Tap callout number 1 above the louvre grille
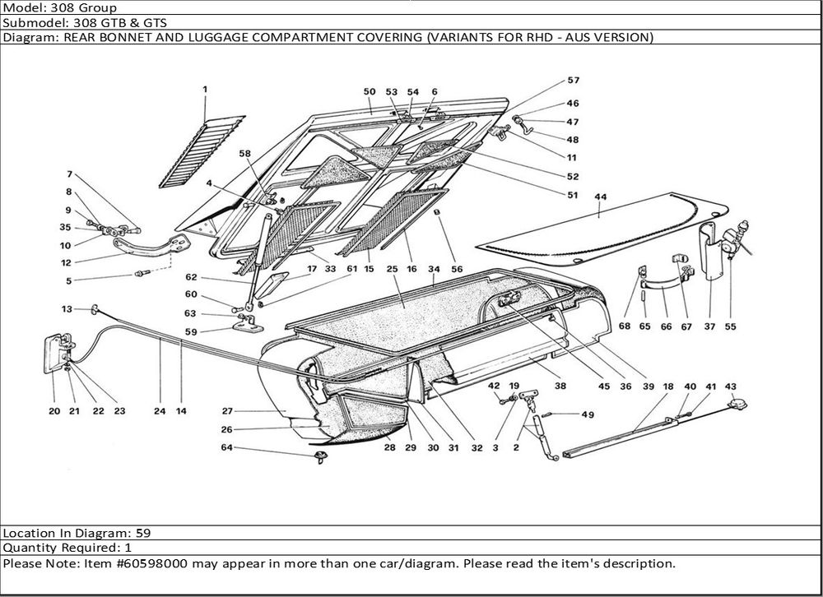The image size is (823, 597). point(205,89)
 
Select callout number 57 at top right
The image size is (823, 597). point(573,81)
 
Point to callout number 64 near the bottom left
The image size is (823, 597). point(226,448)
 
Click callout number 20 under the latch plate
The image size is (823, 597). point(54,411)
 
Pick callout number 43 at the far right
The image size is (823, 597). point(730,386)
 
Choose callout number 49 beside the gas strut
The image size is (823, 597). point(587,414)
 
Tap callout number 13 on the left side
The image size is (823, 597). point(67,309)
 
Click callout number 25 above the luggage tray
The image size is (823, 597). point(392,270)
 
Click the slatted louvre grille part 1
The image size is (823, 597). point(202,148)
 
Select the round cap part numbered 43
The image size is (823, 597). point(738,403)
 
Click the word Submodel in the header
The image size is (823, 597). point(32,23)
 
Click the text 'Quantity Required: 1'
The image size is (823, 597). point(67,548)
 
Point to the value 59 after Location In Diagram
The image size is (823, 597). point(142,532)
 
